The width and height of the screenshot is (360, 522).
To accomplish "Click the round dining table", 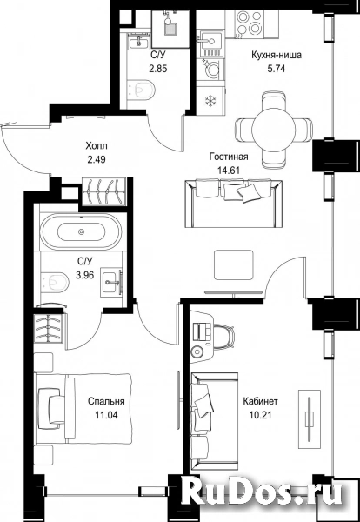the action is pyautogui.click(x=274, y=129).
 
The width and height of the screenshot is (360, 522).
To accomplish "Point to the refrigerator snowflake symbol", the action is pyautogui.click(x=210, y=100).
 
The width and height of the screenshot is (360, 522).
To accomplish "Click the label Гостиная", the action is pyautogui.click(x=229, y=157).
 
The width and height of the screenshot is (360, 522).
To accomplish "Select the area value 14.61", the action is pyautogui.click(x=229, y=170).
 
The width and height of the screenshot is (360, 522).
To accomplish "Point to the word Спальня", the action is pyautogui.click(x=106, y=401).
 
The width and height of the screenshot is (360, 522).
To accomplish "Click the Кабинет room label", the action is pyautogui.click(x=261, y=401).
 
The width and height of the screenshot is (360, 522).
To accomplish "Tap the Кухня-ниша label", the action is pyautogui.click(x=277, y=55).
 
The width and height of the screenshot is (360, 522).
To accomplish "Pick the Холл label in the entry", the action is pyautogui.click(x=97, y=146).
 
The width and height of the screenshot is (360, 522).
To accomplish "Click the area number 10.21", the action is pyautogui.click(x=260, y=415).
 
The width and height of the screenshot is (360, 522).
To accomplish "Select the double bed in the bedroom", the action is pyautogui.click(x=83, y=409).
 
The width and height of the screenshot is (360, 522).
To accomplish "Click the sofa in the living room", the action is pyautogui.click(x=234, y=204).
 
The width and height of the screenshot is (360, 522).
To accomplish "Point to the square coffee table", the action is pyautogui.click(x=234, y=264).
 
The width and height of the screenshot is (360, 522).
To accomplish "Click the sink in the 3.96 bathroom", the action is pyautogui.click(x=112, y=281).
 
